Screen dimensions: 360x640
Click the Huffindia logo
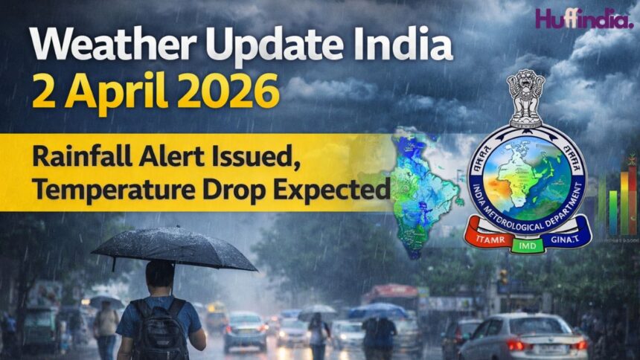[583, 18]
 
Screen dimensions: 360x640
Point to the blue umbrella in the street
[380, 311]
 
